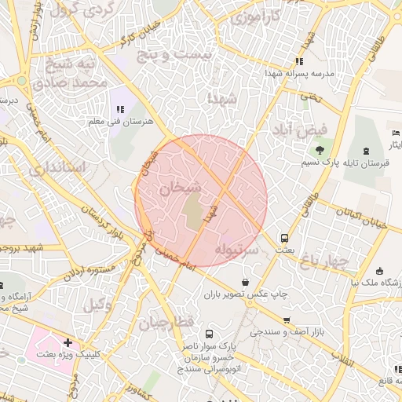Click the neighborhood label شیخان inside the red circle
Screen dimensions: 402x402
(181, 188)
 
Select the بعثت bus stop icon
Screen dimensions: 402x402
(283, 238)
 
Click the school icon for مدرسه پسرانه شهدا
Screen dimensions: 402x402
(298, 61)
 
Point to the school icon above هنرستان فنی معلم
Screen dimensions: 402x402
(120, 110)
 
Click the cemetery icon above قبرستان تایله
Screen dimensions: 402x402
(366, 150)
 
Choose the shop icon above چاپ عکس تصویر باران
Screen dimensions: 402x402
(246, 282)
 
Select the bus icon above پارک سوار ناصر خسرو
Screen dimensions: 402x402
(209, 334)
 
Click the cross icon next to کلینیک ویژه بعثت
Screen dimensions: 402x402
(68, 343)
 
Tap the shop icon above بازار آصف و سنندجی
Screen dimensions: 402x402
(287, 320)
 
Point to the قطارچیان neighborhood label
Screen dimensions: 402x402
(166, 323)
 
